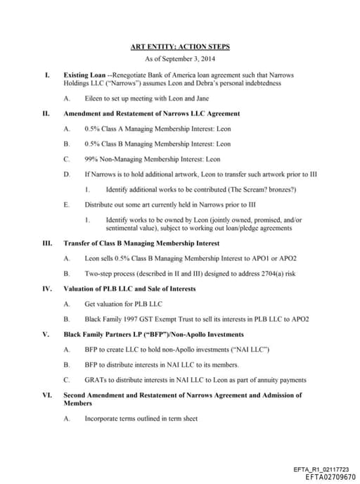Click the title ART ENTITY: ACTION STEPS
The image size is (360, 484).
(180, 47)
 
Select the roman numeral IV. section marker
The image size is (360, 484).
(47, 288)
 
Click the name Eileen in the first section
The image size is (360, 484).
(94, 98)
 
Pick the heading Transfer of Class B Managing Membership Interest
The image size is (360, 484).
(141, 243)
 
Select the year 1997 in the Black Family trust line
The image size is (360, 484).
(131, 319)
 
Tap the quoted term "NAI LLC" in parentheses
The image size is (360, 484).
(253, 350)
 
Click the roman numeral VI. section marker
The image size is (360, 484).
(47, 395)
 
